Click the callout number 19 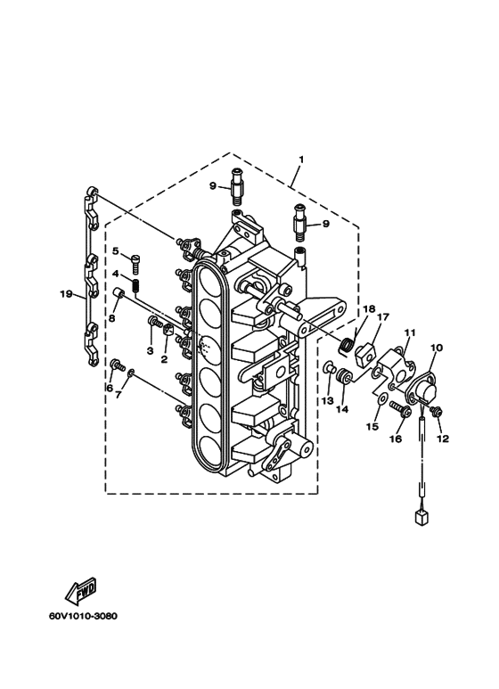pyautogui.click(x=66, y=293)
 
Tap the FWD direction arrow pyautogui.click(x=81, y=591)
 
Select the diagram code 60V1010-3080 pyautogui.click(x=83, y=616)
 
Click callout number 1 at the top pyautogui.click(x=301, y=159)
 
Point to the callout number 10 pyautogui.click(x=437, y=348)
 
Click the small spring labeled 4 pyautogui.click(x=136, y=285)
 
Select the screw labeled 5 pyautogui.click(x=135, y=263)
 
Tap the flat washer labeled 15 pyautogui.click(x=382, y=398)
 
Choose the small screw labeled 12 pyautogui.click(x=437, y=411)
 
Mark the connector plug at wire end pyautogui.click(x=421, y=518)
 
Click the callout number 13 pyautogui.click(x=328, y=400)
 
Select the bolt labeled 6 pyautogui.click(x=118, y=365)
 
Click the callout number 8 pyautogui.click(x=111, y=318)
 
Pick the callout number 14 pyautogui.click(x=342, y=409)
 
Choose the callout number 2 pyautogui.click(x=164, y=359)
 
